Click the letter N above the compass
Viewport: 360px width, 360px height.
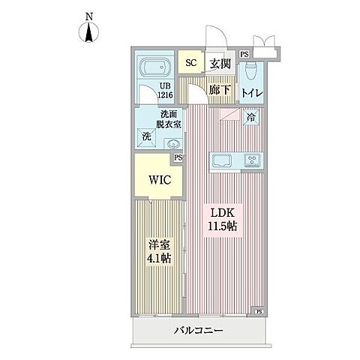[89, 16]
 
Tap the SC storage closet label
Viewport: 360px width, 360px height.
[190, 63]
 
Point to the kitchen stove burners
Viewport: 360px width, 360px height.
[251, 160]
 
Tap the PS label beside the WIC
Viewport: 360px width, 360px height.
[178, 157]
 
